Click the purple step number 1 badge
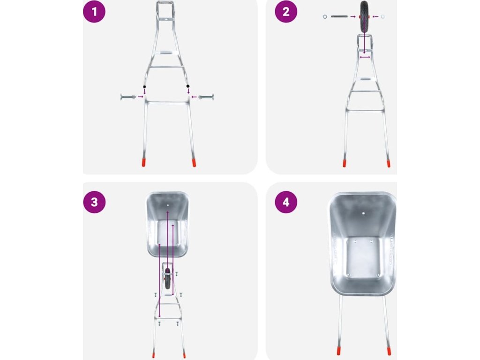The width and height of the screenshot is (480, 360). [94, 12]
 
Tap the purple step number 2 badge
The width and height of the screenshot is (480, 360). [286, 12]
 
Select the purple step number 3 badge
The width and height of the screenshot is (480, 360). [94, 202]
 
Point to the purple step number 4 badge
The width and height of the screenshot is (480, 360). [286, 202]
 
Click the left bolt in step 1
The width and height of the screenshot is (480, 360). [128, 97]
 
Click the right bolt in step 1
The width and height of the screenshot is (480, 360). [206, 97]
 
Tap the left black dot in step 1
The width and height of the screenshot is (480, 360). [144, 87]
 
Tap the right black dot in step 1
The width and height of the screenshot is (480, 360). [188, 86]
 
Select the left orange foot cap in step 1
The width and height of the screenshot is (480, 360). [143, 162]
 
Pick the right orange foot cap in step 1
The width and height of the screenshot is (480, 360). [194, 163]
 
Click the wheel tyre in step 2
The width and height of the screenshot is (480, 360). [364, 16]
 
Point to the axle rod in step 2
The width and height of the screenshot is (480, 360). [339, 16]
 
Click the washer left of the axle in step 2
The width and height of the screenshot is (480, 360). [325, 16]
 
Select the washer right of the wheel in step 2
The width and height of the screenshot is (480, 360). [382, 16]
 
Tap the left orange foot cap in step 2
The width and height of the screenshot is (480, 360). [345, 163]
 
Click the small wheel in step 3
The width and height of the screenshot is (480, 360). [167, 278]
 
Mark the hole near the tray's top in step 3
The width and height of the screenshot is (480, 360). [168, 205]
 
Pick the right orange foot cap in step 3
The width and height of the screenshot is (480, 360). [184, 355]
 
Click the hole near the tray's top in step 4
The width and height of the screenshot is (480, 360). [363, 213]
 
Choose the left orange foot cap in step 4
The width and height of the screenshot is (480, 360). [339, 351]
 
